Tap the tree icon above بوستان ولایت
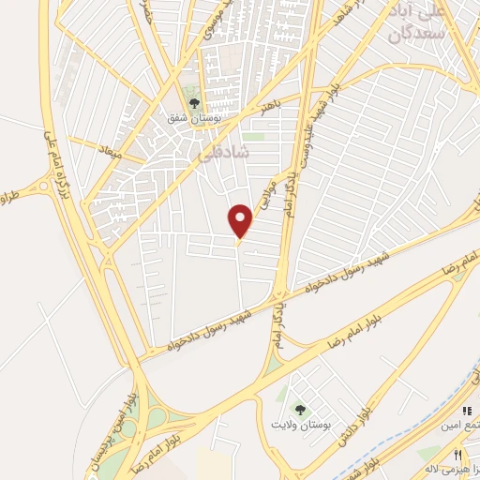point(300,409)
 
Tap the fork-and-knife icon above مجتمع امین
point(466,412)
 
